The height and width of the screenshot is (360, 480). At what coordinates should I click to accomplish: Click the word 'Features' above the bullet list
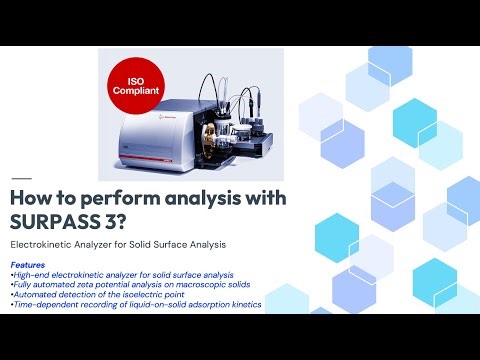pyautogui.click(x=29, y=265)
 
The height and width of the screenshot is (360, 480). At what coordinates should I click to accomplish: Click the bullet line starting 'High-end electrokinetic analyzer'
pyautogui.click(x=120, y=274)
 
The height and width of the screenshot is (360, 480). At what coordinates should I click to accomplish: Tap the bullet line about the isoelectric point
pyautogui.click(x=95, y=294)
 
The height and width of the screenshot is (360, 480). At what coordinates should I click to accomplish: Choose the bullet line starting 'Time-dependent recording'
pyautogui.click(x=135, y=304)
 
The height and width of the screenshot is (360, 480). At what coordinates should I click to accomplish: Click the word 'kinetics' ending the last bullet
pyautogui.click(x=246, y=304)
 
